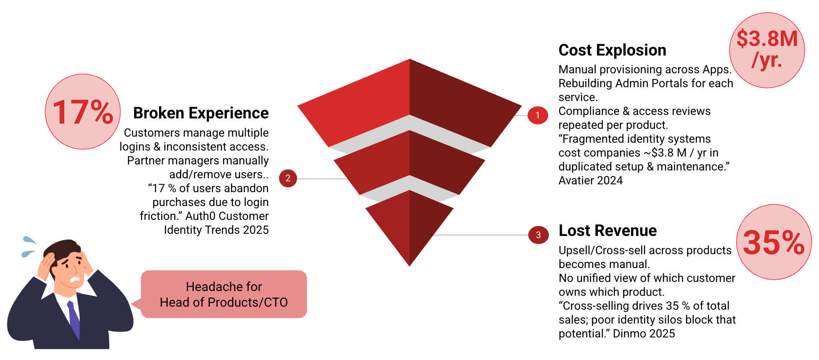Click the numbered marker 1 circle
538,115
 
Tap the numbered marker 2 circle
288,178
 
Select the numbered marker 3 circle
538,235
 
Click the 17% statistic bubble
83,112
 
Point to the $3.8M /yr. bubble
767,50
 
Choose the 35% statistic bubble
773,242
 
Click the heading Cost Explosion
612,50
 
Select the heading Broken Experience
201,113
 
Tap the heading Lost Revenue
607,231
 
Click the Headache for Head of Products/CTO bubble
224,295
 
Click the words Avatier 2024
590,180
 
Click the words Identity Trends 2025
216,230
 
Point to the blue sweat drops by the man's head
29,246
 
